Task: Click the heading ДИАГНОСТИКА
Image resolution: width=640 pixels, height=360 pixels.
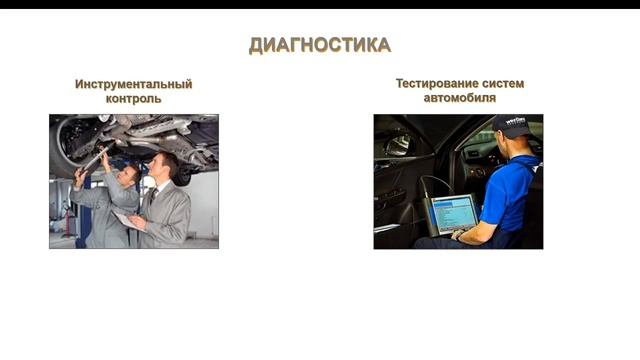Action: (x=319, y=45)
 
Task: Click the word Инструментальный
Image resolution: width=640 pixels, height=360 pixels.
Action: (x=133, y=85)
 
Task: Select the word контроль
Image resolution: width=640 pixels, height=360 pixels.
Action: (x=133, y=99)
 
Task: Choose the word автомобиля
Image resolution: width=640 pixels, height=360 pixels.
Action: (x=459, y=98)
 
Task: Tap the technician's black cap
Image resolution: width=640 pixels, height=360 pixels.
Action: (x=512, y=124)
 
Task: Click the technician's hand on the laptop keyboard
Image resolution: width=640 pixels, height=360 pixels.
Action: (x=462, y=234)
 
